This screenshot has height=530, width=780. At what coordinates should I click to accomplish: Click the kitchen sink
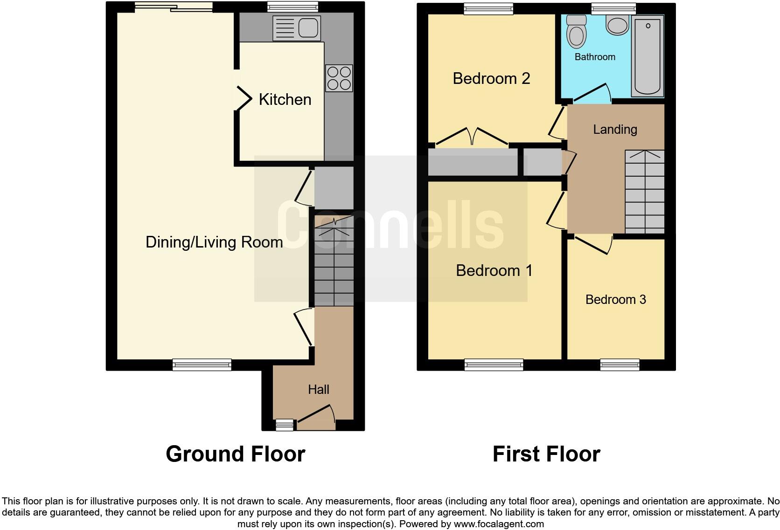tap(297, 28)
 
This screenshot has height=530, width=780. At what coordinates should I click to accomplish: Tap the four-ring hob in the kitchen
tap(339, 78)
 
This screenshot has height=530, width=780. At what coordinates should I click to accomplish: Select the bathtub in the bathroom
tap(648, 56)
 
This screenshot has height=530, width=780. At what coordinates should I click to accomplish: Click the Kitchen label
tap(285, 99)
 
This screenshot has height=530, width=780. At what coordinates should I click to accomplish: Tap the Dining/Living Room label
tap(214, 242)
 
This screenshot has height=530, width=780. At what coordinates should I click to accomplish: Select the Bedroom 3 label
tap(615, 299)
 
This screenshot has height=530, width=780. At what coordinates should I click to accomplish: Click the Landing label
tap(615, 129)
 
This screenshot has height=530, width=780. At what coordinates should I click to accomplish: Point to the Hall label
tap(319, 389)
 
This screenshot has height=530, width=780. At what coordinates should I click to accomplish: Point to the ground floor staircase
tap(334, 261)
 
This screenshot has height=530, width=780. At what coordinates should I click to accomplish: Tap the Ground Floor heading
tap(235, 454)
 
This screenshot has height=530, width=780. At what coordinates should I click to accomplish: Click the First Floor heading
tap(546, 454)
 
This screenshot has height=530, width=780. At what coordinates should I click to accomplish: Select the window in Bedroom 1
tap(494, 365)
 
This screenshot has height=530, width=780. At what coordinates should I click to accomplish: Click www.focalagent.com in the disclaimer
tap(498, 524)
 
